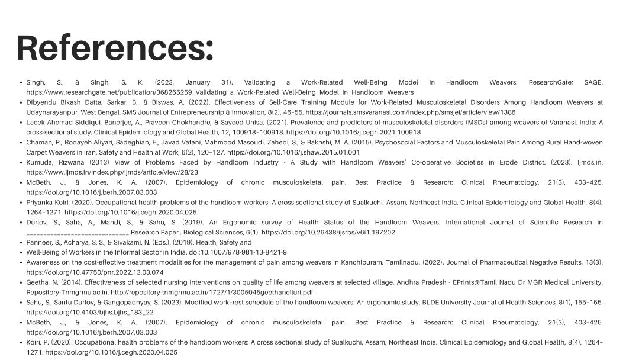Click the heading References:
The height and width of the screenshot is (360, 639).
click(x=115, y=48)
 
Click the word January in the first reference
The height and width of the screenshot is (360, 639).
click(x=198, y=82)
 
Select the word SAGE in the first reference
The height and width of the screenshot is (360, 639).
click(x=593, y=82)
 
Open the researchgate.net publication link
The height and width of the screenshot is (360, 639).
click(x=220, y=92)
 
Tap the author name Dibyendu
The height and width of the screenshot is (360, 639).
click(x=41, y=102)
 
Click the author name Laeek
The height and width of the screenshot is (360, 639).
click(x=35, y=123)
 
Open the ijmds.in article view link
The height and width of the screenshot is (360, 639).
click(x=112, y=172)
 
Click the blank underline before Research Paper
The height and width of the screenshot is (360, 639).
click(x=77, y=233)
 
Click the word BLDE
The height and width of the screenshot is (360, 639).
click(x=431, y=302)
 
